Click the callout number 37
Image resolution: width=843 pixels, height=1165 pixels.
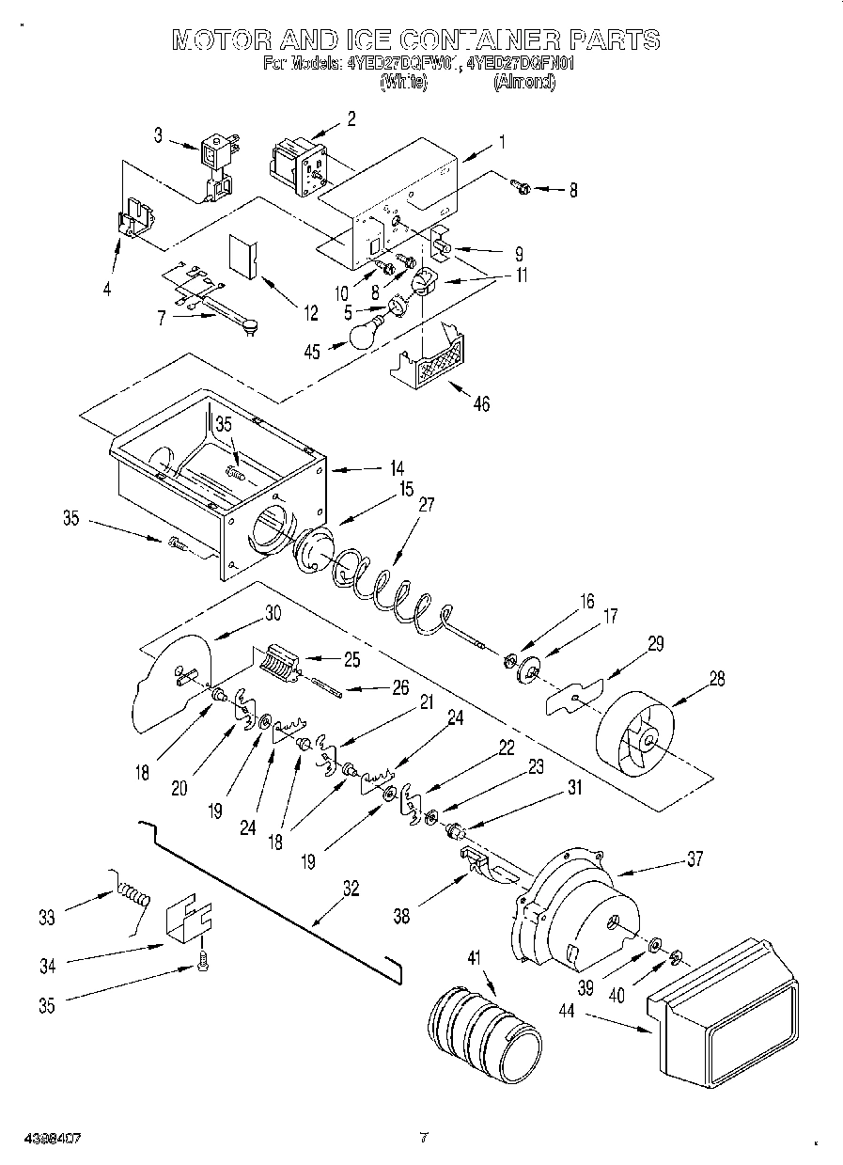(x=695, y=858)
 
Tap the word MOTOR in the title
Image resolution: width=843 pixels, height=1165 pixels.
(x=222, y=39)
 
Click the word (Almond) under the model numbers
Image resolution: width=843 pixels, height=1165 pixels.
(x=523, y=82)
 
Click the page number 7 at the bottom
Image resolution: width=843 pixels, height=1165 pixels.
(x=423, y=1138)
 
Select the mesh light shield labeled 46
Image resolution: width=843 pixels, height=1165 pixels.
(x=430, y=361)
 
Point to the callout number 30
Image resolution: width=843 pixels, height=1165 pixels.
(x=273, y=612)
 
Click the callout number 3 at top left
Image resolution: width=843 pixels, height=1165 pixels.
(x=159, y=135)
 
